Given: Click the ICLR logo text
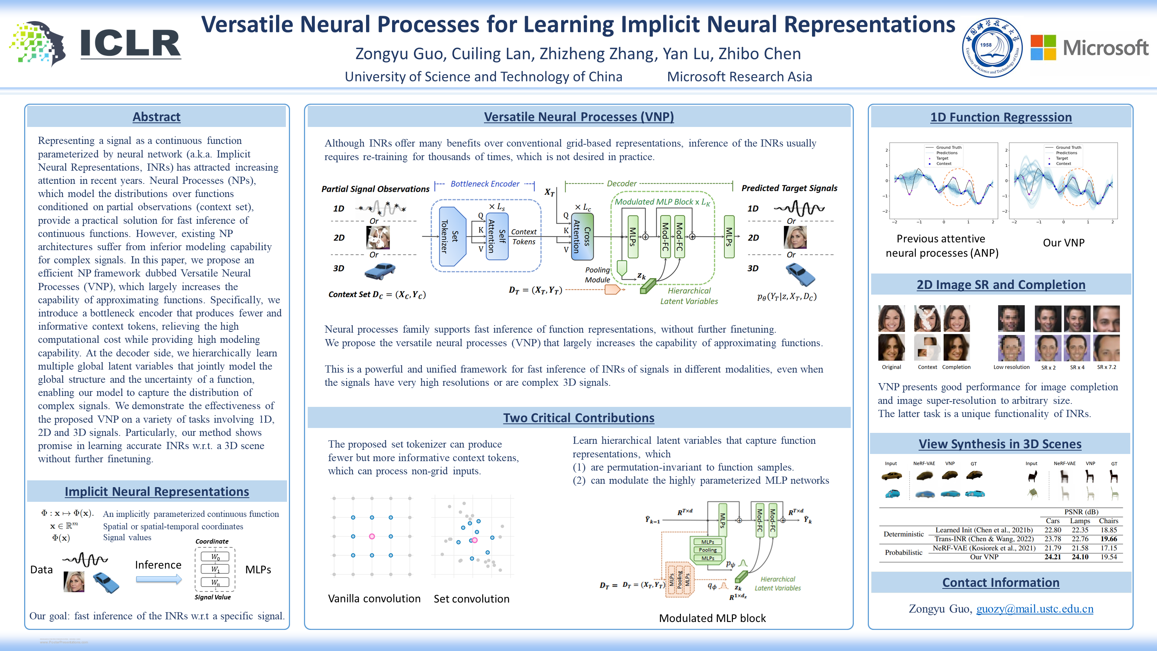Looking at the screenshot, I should (x=130, y=44).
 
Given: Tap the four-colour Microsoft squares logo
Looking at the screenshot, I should (x=1043, y=47).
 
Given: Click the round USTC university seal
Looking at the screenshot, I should (x=992, y=47).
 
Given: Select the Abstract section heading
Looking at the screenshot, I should (x=156, y=117).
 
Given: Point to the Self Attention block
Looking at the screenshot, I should (x=497, y=236).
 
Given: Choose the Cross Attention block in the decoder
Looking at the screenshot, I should (x=582, y=236).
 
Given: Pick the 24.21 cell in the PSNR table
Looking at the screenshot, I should (x=1052, y=557).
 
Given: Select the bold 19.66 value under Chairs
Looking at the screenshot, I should (x=1108, y=539).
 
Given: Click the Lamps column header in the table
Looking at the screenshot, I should (x=1080, y=521).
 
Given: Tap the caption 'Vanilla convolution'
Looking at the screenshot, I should (x=374, y=599).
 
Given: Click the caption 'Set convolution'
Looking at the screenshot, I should (x=471, y=599).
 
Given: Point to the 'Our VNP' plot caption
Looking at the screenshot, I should (x=1063, y=243).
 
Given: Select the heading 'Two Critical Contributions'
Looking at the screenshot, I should (x=578, y=418).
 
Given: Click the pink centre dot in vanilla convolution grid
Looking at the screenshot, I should (x=372, y=536).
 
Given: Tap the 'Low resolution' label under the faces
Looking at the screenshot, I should (x=1011, y=367).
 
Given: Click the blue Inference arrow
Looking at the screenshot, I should (x=159, y=579).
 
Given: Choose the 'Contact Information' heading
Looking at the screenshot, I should (x=1001, y=583).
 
